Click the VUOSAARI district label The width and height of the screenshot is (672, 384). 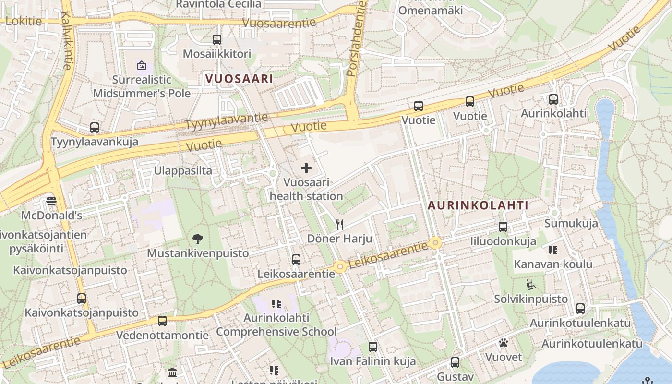pos(239,79)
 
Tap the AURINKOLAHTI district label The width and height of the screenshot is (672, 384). pos(478,205)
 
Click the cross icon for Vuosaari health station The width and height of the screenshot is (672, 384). pos(306,168)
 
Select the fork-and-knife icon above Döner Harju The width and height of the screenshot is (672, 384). pos(340,224)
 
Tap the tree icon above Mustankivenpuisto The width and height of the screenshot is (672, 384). pos(197,239)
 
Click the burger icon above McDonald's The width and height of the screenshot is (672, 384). pos(51,201)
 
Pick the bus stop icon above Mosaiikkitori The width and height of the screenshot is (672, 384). pos(217,39)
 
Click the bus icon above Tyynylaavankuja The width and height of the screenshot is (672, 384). pos(95,128)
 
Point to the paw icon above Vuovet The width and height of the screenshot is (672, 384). pos(503,343)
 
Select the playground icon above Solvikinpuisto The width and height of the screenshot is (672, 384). pos(531,285)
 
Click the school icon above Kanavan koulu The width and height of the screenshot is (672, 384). pos(553,250)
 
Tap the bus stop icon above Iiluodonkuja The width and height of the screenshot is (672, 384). pos(503,227)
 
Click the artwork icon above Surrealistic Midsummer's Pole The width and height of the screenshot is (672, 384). pos(142,65)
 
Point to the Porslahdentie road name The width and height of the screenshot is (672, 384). pos(357,38)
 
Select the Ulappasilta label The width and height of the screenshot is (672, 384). pos(183,170)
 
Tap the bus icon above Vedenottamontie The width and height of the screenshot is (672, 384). pos(162,321)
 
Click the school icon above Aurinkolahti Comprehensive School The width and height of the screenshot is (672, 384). pos(276,303)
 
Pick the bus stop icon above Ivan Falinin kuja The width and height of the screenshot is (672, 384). pos(373,347)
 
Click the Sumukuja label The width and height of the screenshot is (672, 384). pos(571,223)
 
